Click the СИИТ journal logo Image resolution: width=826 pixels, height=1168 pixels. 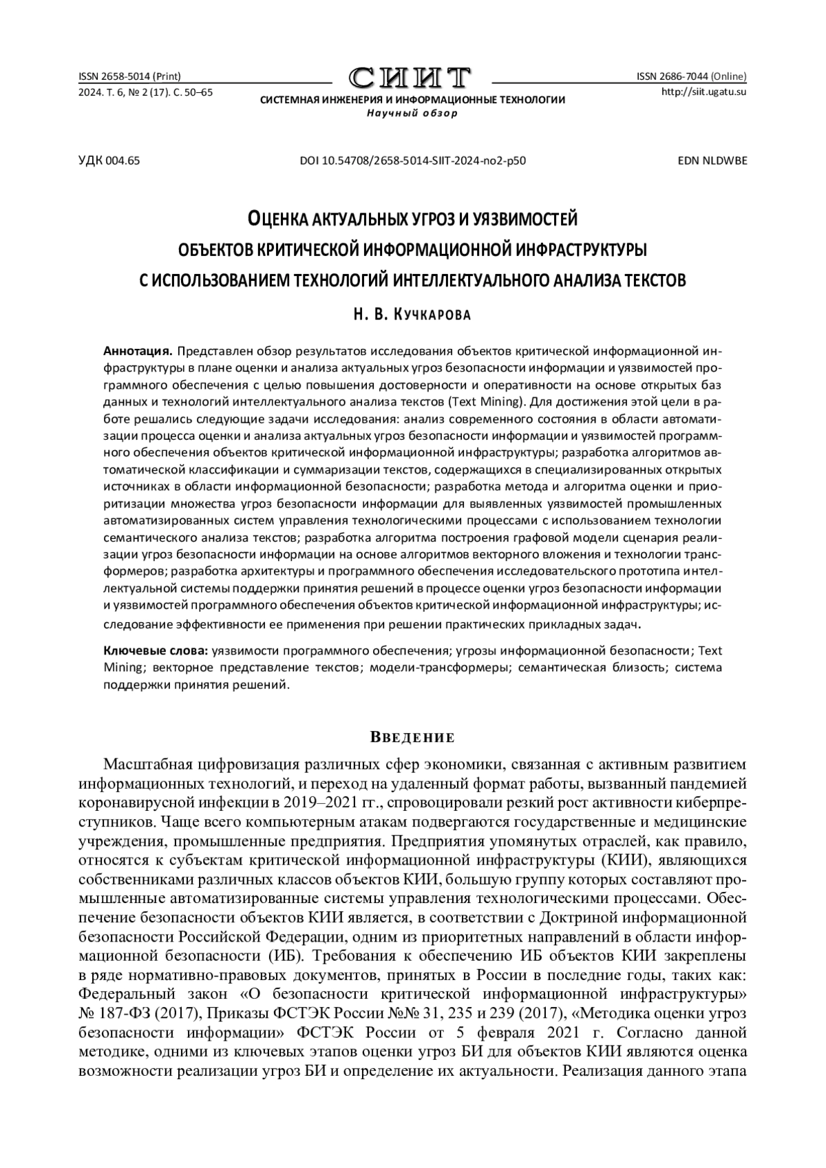coord(412,78)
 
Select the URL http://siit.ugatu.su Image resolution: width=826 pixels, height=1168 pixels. coord(703,91)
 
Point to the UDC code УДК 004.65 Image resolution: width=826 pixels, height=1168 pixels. coord(109,161)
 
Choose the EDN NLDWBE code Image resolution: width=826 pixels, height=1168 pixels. coord(712,161)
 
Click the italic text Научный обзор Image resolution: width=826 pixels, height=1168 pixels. coord(412,113)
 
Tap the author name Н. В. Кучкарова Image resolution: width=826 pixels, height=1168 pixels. coord(412,315)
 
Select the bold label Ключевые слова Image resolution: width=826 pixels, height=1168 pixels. coord(155,650)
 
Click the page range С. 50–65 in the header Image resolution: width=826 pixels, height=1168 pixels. coord(193,91)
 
